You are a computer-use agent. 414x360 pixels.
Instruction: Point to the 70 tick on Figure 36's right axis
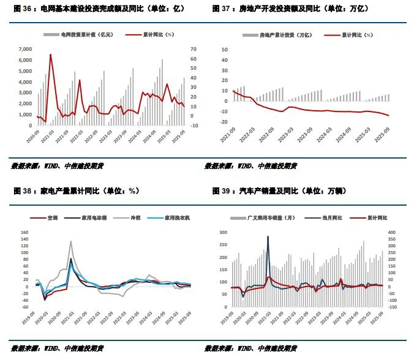194,49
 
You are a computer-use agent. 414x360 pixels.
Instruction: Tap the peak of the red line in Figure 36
50,55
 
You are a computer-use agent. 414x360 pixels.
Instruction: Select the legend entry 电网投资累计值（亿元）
86,36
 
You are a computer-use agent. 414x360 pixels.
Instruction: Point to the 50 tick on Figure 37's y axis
225,49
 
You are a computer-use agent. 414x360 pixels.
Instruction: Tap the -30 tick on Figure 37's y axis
224,126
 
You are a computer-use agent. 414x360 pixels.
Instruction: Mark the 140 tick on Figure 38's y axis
25,233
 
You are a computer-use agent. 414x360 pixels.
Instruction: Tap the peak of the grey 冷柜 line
70,241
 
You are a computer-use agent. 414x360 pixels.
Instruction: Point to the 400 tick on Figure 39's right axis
391,233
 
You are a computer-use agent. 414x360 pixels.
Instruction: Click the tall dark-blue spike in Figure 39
268,237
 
